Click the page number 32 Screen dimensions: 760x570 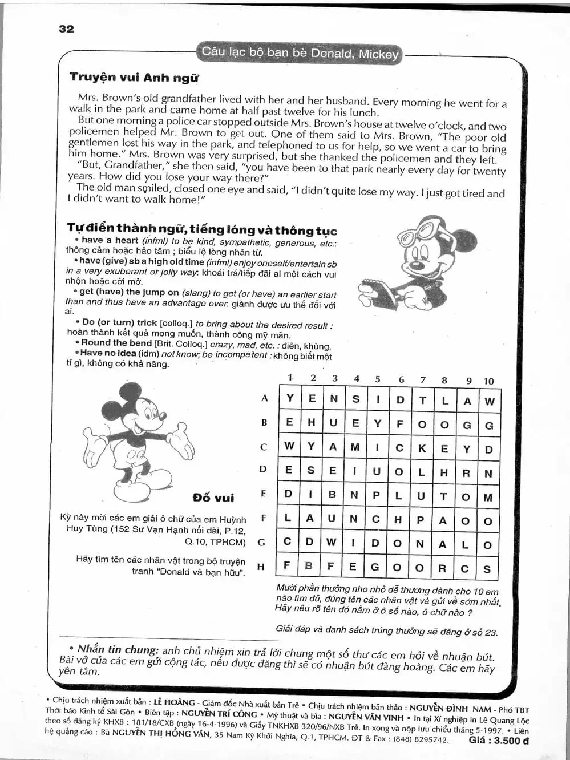[x=66, y=29]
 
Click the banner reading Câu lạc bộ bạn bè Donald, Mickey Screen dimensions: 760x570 [x=300, y=53]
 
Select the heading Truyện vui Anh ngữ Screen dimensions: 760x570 [x=134, y=78]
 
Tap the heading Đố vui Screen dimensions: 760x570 [x=213, y=498]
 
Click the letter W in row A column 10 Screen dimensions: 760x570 [x=490, y=401]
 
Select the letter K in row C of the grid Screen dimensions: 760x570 [x=422, y=448]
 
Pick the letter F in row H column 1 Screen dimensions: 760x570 [x=287, y=566]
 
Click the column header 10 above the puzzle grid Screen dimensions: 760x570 [x=488, y=381]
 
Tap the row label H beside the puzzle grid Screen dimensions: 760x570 [x=261, y=567]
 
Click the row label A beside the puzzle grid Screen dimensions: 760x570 [x=264, y=398]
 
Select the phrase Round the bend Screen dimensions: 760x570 [x=116, y=343]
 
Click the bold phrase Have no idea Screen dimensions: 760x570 [x=108, y=353]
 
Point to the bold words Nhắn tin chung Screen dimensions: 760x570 [x=118, y=649]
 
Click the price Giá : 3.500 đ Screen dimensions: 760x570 [x=498, y=741]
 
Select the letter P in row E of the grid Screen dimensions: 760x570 [x=376, y=496]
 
